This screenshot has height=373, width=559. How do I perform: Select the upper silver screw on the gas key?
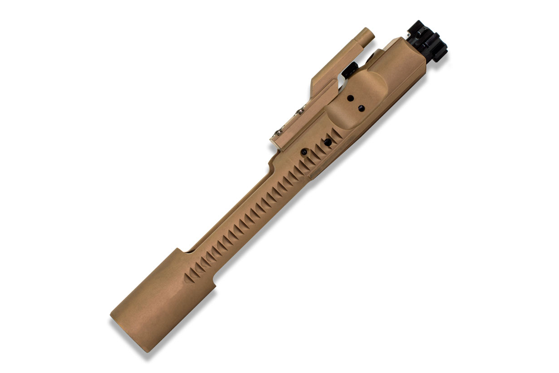click(x=301, y=111)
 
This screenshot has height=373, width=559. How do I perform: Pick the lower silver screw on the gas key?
click(x=279, y=132)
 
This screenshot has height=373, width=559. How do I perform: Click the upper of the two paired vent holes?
click(x=351, y=98)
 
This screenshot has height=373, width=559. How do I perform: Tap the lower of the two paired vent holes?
click(x=362, y=109)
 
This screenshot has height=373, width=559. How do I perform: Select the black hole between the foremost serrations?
click(x=328, y=142)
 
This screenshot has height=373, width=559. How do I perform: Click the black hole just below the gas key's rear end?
click(x=305, y=152)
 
